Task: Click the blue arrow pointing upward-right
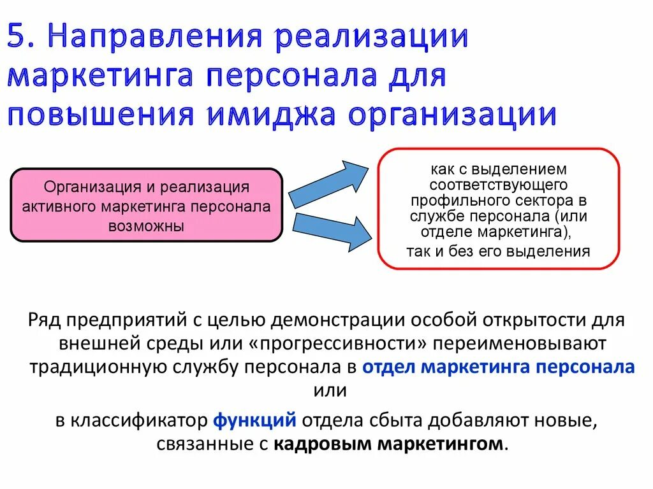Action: click(x=329, y=184)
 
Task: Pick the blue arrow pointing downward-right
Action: click(x=329, y=230)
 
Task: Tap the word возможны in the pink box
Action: click(x=146, y=225)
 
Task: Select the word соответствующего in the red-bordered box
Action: click(x=498, y=185)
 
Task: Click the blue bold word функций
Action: click(x=254, y=420)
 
